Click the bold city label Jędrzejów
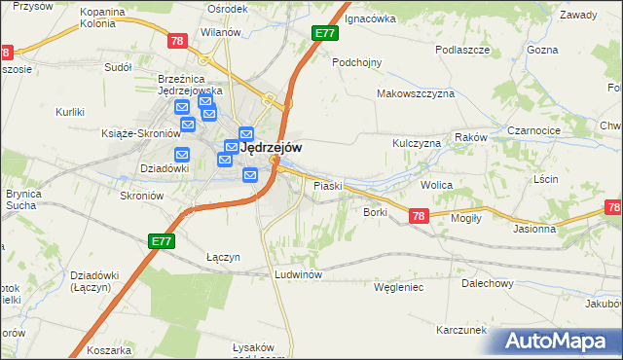[x=270, y=147]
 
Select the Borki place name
[x=376, y=211]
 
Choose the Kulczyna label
[x=417, y=143]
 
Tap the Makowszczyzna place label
[x=416, y=94]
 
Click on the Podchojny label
[x=356, y=61]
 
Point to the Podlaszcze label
[x=460, y=49]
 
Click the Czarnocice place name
[x=534, y=129]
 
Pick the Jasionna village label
[x=534, y=230]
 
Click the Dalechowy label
[x=488, y=283]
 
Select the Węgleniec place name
[x=398, y=287]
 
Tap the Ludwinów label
[x=298, y=275]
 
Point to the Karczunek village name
[x=461, y=330]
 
